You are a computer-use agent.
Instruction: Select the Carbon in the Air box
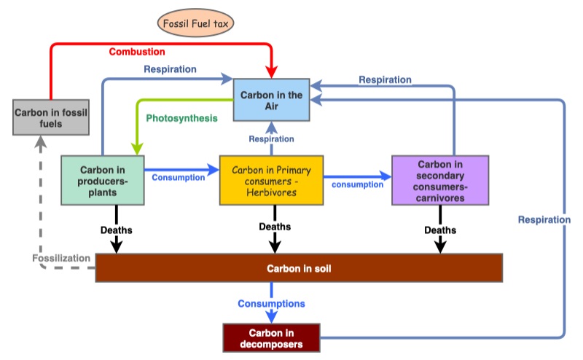(x=272, y=101)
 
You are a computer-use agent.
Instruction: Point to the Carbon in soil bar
(x=299, y=268)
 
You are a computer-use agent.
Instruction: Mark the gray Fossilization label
(x=61, y=259)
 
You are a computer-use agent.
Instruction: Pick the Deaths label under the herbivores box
(x=275, y=227)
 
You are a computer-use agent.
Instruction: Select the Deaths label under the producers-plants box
(x=117, y=230)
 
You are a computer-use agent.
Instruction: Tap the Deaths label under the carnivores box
(x=440, y=230)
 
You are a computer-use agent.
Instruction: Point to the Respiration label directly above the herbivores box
(x=271, y=138)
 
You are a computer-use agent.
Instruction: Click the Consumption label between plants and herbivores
(x=178, y=176)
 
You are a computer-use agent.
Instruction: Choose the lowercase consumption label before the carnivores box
(x=357, y=184)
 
